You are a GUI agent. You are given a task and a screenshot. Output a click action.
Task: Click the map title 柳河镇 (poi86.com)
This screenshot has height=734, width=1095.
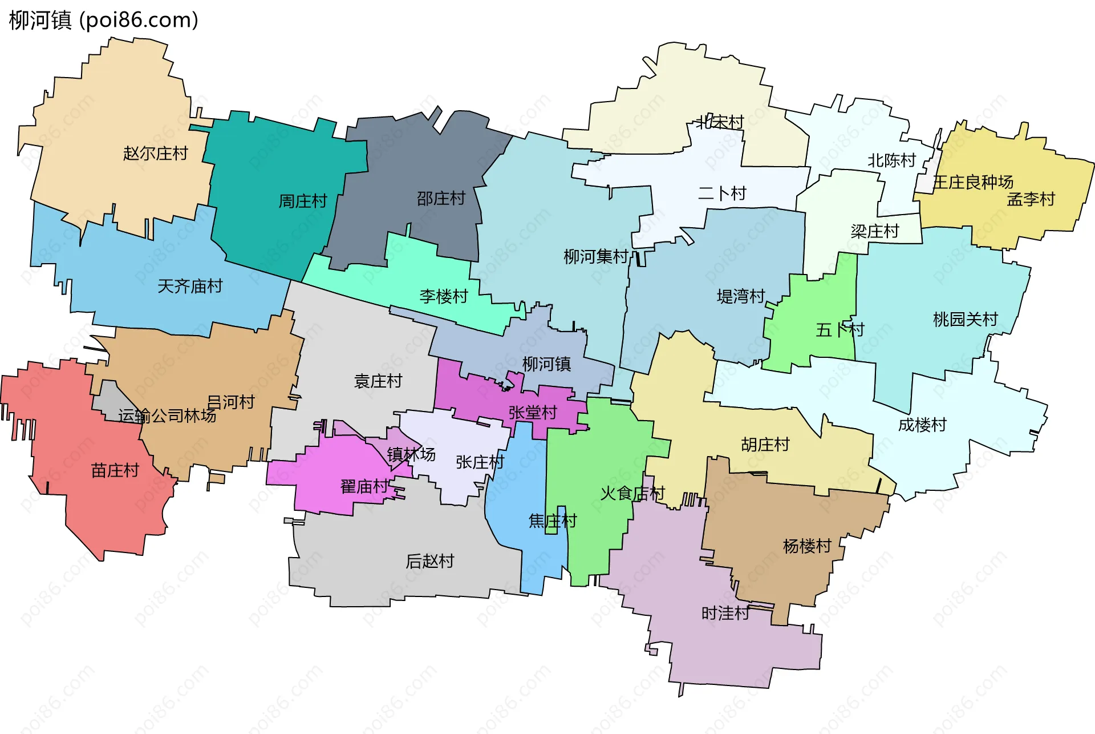(104, 20)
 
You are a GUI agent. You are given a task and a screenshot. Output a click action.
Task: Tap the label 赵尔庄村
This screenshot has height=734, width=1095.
(155, 153)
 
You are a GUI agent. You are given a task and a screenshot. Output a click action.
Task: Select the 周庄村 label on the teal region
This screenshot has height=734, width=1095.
(302, 201)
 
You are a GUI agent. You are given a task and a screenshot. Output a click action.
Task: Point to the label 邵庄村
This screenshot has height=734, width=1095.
(441, 198)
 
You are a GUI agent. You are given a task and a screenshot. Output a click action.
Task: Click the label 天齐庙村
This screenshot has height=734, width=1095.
(189, 286)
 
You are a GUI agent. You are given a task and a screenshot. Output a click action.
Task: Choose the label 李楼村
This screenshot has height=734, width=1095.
(443, 296)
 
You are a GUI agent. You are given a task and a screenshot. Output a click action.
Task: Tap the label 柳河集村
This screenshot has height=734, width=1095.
(595, 256)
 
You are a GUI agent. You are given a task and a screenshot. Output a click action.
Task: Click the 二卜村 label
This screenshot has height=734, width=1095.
(721, 193)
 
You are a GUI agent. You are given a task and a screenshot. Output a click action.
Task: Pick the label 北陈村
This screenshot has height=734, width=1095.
(891, 160)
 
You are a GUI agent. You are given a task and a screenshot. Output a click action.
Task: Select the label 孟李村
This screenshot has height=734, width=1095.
(1031, 199)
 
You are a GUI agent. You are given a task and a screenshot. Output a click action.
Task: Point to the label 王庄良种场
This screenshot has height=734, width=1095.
(972, 182)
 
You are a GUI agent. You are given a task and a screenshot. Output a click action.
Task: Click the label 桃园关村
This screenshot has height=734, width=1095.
(965, 319)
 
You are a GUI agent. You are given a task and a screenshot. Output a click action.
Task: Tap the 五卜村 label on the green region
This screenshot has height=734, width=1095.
(839, 329)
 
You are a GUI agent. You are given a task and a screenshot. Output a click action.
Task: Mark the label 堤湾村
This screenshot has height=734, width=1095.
(740, 296)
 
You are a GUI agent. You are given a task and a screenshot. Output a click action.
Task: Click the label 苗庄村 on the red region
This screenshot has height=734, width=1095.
(115, 470)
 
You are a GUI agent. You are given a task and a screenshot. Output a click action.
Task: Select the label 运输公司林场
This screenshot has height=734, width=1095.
(167, 416)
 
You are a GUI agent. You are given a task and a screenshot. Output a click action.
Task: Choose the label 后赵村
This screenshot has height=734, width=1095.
(429, 561)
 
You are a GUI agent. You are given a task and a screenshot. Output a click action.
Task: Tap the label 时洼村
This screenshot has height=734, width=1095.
(725, 613)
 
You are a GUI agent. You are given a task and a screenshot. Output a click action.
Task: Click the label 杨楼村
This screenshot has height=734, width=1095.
(806, 546)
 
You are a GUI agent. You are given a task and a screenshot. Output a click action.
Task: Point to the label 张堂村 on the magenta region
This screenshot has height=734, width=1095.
(532, 412)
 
